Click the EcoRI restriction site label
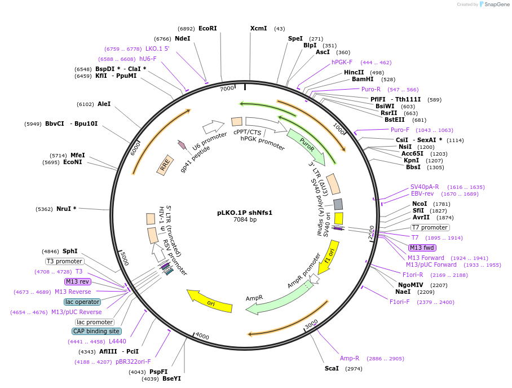coord(208,28)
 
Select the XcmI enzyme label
coord(258,28)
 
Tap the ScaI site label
coord(332,368)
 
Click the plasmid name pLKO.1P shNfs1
coord(245,213)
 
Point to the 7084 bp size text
coord(245,220)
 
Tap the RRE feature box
coord(165,165)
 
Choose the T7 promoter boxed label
coord(430,227)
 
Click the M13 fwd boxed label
coord(422,248)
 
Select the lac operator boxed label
coord(82,302)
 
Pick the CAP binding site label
coord(96,331)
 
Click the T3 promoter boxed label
coord(65,261)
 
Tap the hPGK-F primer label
coord(342,62)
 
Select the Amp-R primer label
coord(350,358)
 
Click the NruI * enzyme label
coord(66,209)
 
